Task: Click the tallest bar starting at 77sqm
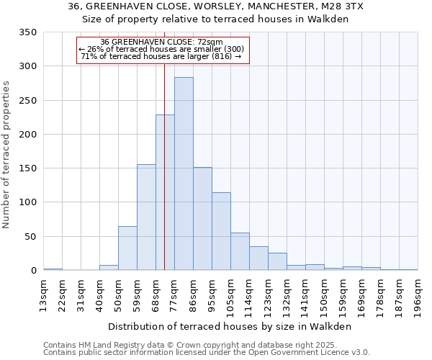184,174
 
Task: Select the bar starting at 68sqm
165,192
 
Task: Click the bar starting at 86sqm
202,219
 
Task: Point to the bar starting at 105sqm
240,251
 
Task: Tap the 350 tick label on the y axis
27,32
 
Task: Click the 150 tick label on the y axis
27,168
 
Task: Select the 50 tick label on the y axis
30,236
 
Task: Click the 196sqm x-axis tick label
418,297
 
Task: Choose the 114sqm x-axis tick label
249,297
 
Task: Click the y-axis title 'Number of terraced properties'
7,154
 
